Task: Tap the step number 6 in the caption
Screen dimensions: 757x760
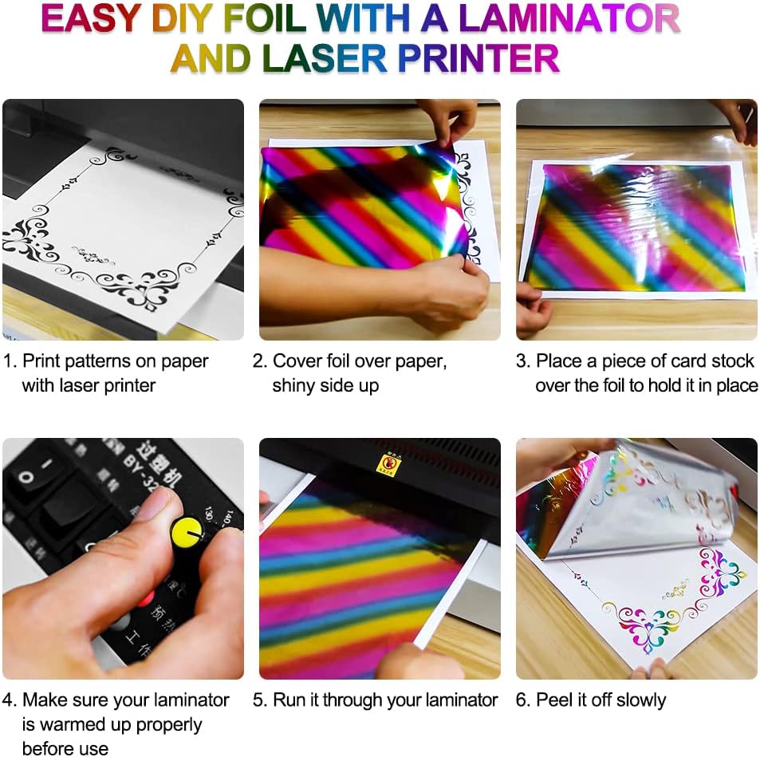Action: click(522, 700)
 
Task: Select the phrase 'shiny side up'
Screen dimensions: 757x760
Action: click(325, 385)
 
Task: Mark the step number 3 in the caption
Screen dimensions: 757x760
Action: click(522, 361)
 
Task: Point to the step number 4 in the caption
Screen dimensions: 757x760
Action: click(9, 700)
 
